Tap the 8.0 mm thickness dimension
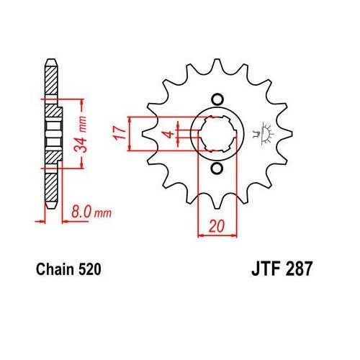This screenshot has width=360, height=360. tap(90, 212)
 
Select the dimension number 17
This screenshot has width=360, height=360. tap(120, 133)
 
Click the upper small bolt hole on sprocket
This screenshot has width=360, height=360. tap(216, 99)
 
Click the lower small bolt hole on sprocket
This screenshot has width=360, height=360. tap(216, 168)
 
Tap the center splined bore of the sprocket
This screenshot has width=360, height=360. tap(216, 134)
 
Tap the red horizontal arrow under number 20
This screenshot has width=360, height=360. tap(215, 234)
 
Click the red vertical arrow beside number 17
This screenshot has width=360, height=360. tap(130, 133)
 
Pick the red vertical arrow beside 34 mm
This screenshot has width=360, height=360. tap(73, 133)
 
